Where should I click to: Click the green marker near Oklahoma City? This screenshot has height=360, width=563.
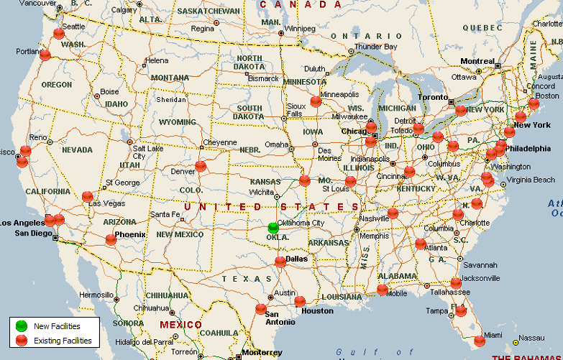click(273, 227)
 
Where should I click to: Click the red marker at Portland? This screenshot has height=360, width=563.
click(45, 54)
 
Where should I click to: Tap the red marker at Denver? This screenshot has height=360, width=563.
click(201, 166)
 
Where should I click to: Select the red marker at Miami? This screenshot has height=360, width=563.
click(480, 341)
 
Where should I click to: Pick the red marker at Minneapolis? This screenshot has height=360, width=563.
click(316, 101)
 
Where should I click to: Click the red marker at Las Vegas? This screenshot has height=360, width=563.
click(88, 195)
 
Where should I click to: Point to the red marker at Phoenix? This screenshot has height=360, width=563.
click(111, 239)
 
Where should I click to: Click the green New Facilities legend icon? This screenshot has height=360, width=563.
click(22, 326)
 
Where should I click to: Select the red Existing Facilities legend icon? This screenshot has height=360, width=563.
click(22, 340)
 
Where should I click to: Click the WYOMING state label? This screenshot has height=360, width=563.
click(177, 122)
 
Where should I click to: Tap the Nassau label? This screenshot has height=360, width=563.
click(531, 338)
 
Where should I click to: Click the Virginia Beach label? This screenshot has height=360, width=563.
click(531, 180)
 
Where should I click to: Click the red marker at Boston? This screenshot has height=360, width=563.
click(534, 103)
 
